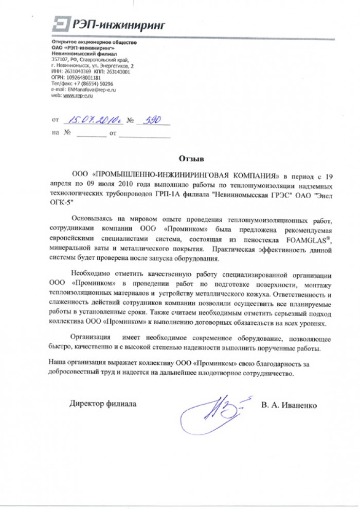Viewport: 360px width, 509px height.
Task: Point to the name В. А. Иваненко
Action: tap(289, 405)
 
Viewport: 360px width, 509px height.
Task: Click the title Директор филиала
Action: tap(103, 404)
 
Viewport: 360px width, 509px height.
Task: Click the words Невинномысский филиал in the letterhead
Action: tap(78, 54)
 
